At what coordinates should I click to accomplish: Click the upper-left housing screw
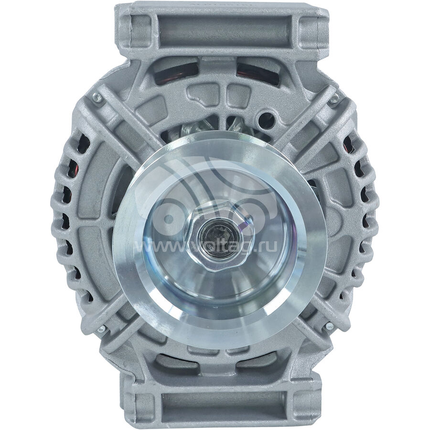[96, 97]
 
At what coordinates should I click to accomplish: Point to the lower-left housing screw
[101, 329]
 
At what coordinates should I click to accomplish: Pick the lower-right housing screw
[329, 325]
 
